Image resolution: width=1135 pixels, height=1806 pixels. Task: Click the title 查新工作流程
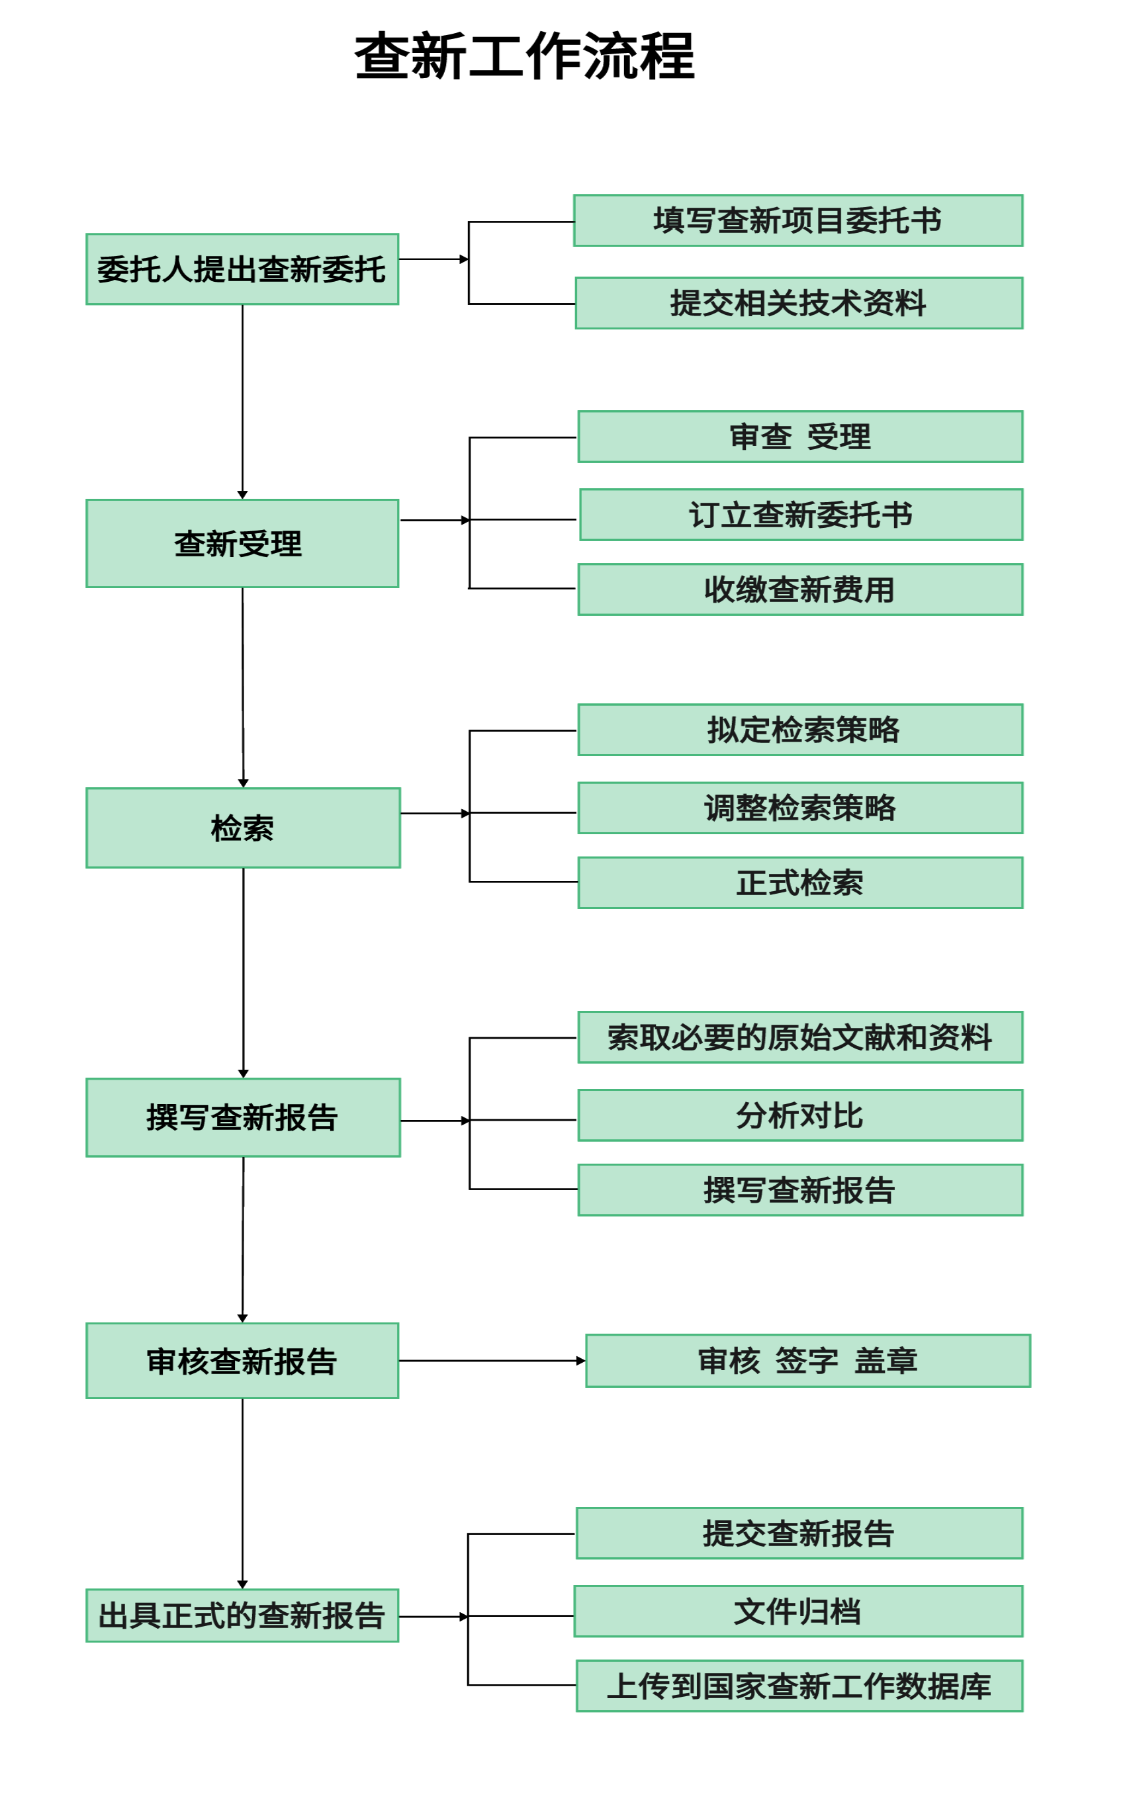523,56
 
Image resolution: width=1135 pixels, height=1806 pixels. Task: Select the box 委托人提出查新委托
242,269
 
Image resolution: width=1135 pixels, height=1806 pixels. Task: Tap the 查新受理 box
242,543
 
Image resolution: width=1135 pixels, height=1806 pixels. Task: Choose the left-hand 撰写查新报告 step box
243,1117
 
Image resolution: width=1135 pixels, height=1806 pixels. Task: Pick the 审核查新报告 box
242,1361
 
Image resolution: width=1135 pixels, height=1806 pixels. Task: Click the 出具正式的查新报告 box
242,1615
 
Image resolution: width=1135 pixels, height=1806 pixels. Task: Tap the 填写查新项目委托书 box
797,220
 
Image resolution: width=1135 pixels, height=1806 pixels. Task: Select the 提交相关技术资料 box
798,303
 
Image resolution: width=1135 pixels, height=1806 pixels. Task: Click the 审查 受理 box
799,437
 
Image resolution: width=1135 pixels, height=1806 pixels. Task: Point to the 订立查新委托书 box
800,515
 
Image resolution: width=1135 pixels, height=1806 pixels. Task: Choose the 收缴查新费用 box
799,589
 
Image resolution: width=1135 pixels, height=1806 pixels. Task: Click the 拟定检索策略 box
799,730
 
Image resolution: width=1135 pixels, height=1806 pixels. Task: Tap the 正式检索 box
799,882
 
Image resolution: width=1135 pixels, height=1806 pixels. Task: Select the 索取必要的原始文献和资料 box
799,1037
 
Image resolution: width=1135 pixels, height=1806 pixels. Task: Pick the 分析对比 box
799,1115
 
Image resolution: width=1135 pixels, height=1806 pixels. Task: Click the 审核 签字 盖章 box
807,1361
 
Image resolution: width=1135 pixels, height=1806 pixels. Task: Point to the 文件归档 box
797,1611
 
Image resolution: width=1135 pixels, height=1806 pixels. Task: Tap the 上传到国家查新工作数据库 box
799,1686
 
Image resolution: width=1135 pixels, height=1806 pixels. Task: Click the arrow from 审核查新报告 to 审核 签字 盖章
491,1361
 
